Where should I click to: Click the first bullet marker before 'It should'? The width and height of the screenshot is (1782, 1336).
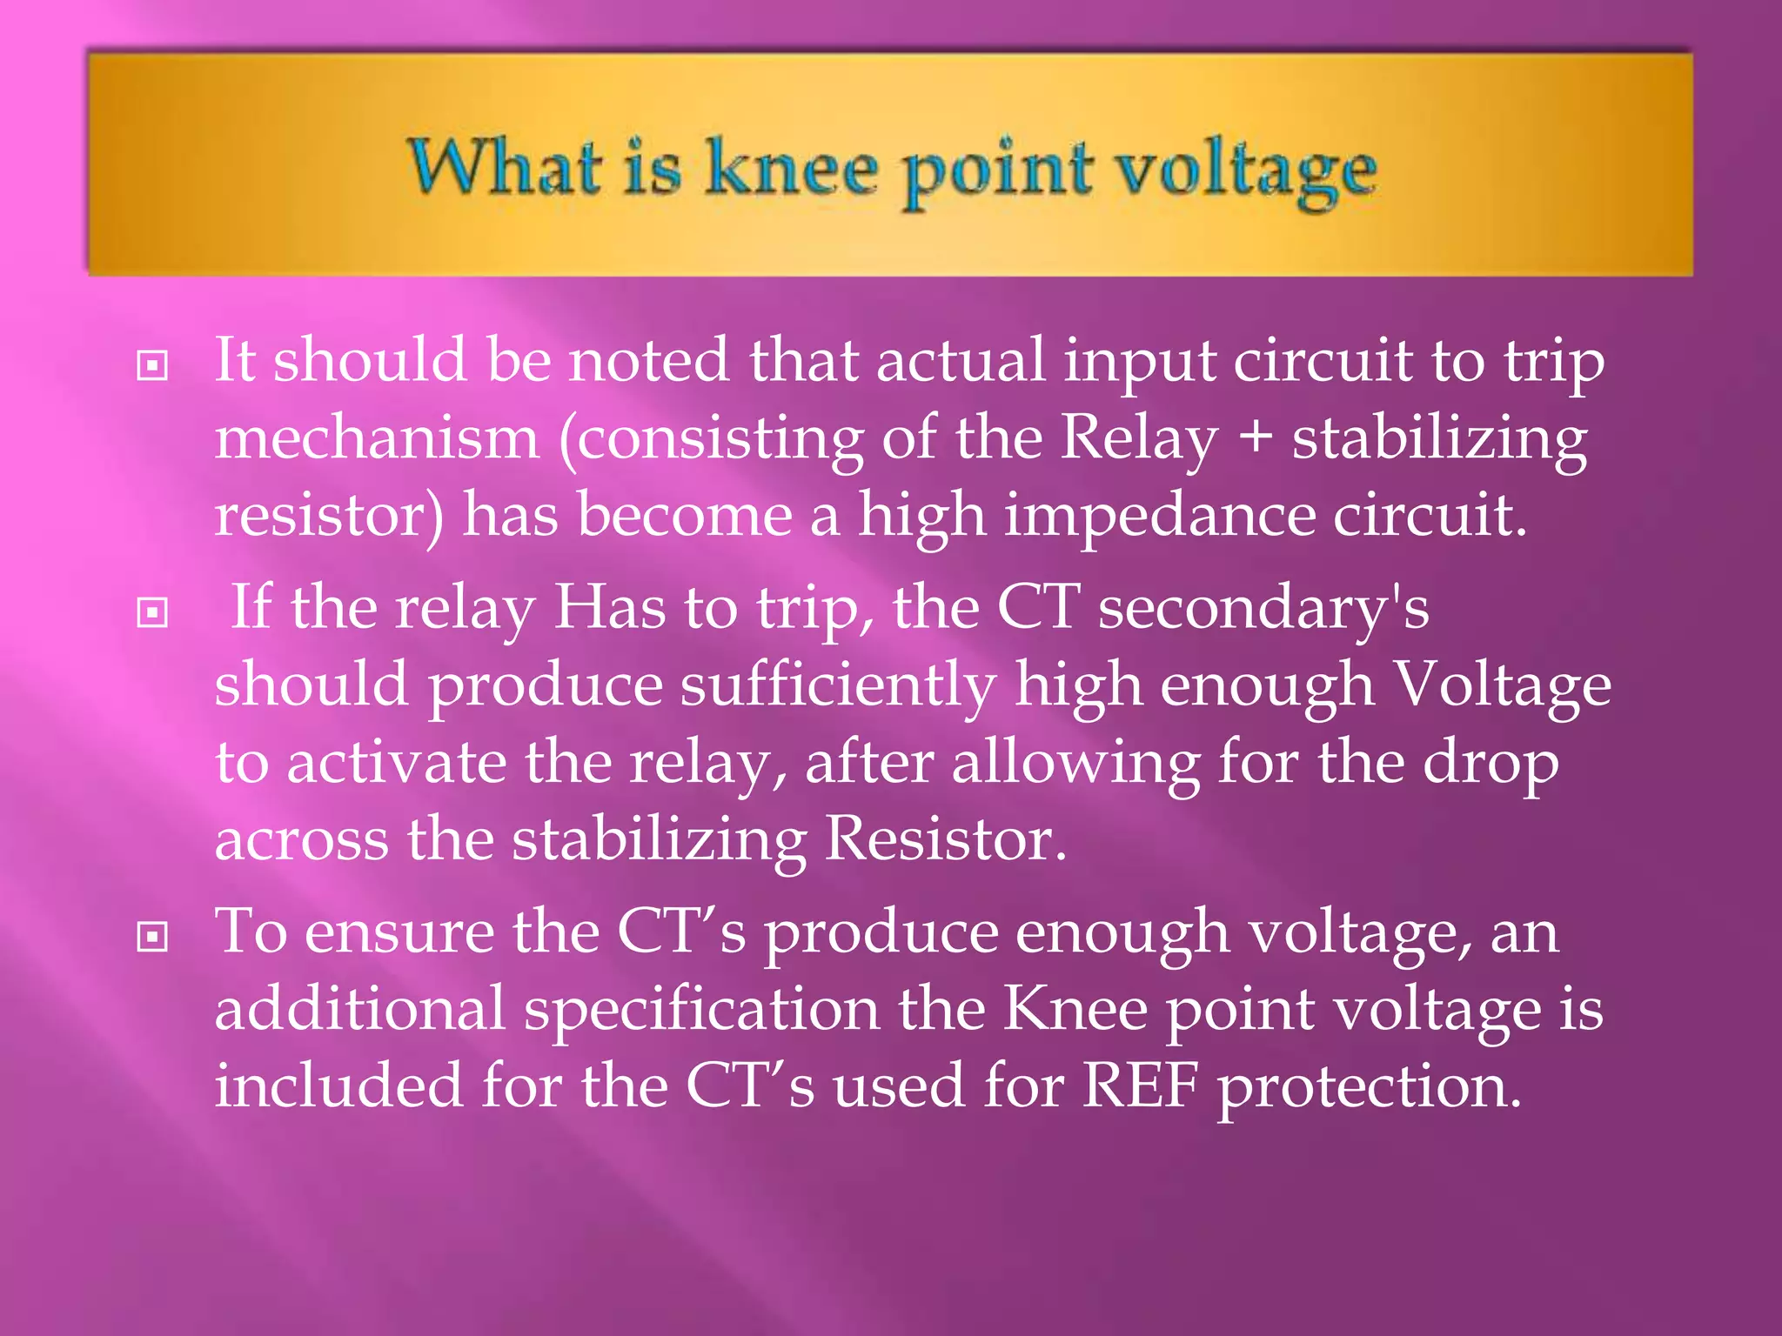coord(152,365)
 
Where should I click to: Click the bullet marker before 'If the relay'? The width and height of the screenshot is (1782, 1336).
coord(152,613)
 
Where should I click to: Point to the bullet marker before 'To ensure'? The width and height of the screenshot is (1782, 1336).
coord(152,937)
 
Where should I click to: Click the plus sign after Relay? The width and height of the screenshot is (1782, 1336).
coord(1254,438)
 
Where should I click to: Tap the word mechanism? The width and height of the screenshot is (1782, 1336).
coord(377,438)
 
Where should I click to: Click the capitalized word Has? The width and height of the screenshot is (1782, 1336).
coord(609,607)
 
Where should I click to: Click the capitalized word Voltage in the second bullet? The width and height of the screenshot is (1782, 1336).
coord(1502,685)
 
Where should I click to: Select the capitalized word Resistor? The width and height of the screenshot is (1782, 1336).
coord(945,839)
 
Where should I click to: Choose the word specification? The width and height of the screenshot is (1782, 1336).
coord(701,1011)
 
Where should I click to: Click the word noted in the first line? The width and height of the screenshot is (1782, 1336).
coord(648,360)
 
